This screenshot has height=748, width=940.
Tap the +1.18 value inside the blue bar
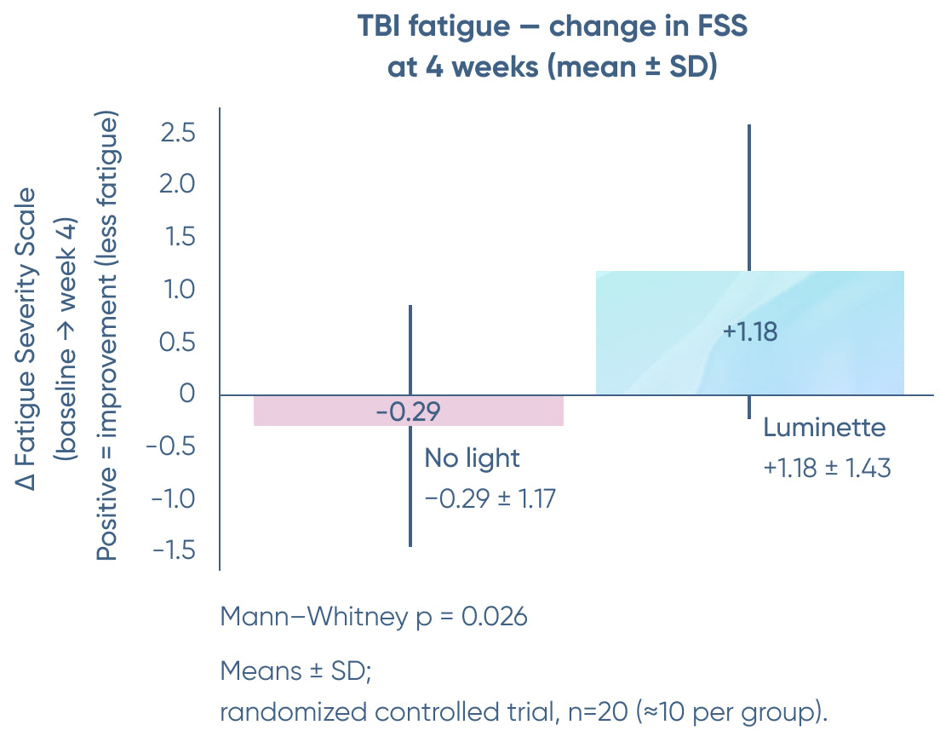tap(750, 331)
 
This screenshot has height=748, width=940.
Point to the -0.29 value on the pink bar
tap(408, 412)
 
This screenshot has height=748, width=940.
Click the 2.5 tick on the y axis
tap(176, 133)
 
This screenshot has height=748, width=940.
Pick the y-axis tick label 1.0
tap(176, 290)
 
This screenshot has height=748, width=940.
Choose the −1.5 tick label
tap(173, 550)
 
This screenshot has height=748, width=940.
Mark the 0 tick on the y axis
tap(187, 394)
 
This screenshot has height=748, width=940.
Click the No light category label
tap(472, 458)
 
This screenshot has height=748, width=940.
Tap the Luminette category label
tap(824, 427)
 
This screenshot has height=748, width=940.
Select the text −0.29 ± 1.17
tap(490, 498)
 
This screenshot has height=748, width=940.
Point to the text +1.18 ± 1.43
tap(827, 468)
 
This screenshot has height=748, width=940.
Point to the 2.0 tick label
tap(176, 185)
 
